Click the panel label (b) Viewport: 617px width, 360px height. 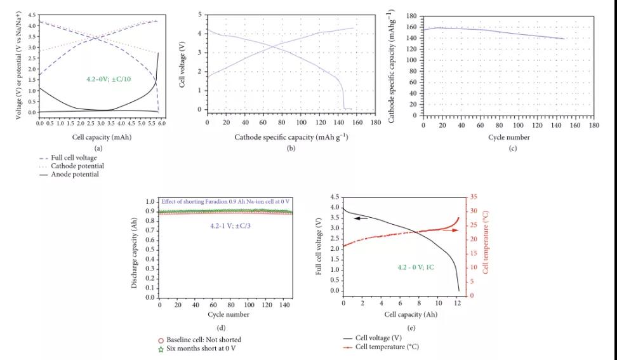pos(291,148)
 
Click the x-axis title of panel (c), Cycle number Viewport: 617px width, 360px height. pos(508,137)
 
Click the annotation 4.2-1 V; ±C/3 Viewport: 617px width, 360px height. pos(226,225)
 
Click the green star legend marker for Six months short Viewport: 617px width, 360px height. pos(161,349)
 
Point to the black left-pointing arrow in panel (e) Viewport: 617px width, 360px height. pos(361,218)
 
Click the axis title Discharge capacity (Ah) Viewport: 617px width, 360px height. pos(135,251)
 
